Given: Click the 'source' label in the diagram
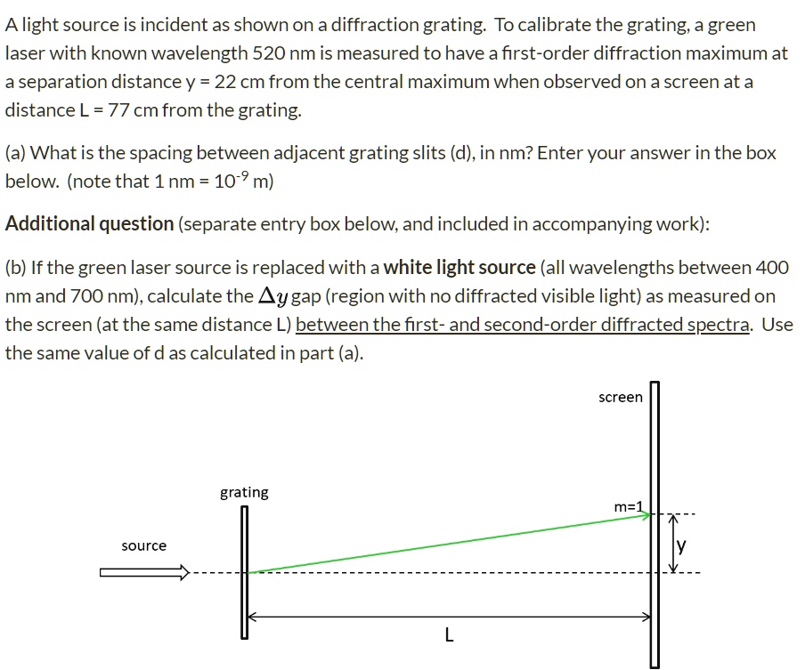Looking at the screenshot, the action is pos(143,545).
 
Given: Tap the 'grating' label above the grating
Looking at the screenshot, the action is pos(244,492).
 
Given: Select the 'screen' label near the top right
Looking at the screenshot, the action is pos(620,397).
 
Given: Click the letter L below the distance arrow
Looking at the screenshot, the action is pos(449,635).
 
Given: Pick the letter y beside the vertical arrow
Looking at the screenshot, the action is pos(681,547).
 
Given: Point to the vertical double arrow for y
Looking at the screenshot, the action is pos(673,544).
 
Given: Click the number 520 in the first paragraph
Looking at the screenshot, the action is pos(269,53).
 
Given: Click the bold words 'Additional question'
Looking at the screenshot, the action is pos(89,224).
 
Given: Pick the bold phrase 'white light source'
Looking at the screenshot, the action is pos(459,267).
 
